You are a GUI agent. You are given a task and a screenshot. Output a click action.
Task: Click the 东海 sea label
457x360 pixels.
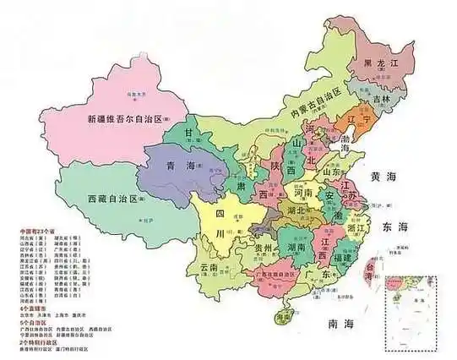point(394,227)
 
